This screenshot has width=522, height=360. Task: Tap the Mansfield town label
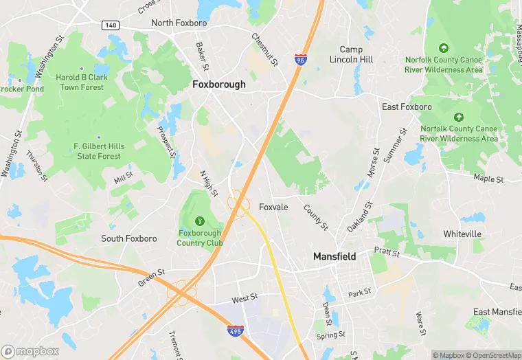(x=334, y=256)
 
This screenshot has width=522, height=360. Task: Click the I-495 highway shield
(x=235, y=333)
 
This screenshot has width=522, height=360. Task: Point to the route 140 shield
(x=111, y=25)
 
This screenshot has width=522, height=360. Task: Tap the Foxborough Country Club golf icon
(x=200, y=221)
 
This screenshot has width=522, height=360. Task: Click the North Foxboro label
(x=179, y=23)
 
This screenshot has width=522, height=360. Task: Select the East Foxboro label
(x=407, y=107)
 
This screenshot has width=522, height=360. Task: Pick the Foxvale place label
(x=273, y=207)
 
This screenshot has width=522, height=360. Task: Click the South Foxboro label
(x=128, y=238)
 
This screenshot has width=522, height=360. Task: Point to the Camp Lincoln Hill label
(x=356, y=54)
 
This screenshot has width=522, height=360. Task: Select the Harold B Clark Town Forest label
(x=82, y=82)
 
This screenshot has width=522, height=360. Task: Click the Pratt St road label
(x=387, y=252)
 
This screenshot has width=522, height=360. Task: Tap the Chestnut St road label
(x=264, y=49)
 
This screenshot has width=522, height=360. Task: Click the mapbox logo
(x=30, y=351)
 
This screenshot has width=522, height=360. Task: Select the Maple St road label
(x=488, y=179)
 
